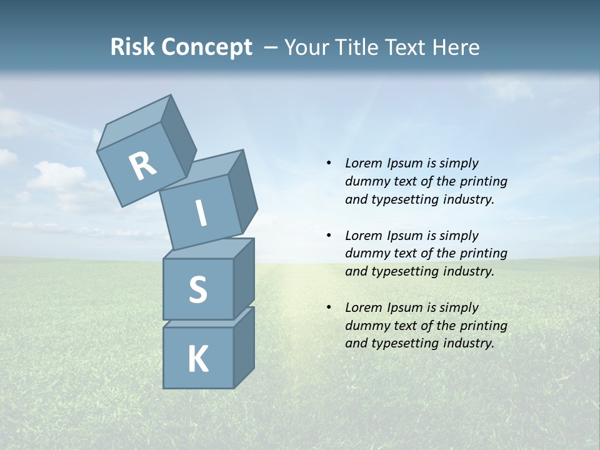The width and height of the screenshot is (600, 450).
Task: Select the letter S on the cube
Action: [x=197, y=289]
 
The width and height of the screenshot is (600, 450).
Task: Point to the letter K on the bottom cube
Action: [x=197, y=359]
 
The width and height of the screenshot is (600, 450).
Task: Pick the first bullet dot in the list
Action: [x=329, y=164]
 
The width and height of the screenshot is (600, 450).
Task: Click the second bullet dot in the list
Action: [x=329, y=236]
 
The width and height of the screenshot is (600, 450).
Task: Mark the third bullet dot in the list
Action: [x=329, y=308]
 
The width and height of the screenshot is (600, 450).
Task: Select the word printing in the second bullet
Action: [x=484, y=254]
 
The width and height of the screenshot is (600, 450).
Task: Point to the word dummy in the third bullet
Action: [x=365, y=326]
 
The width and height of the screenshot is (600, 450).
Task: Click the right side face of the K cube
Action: [x=244, y=347]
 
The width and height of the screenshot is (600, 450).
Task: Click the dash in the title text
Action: [x=271, y=47]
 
